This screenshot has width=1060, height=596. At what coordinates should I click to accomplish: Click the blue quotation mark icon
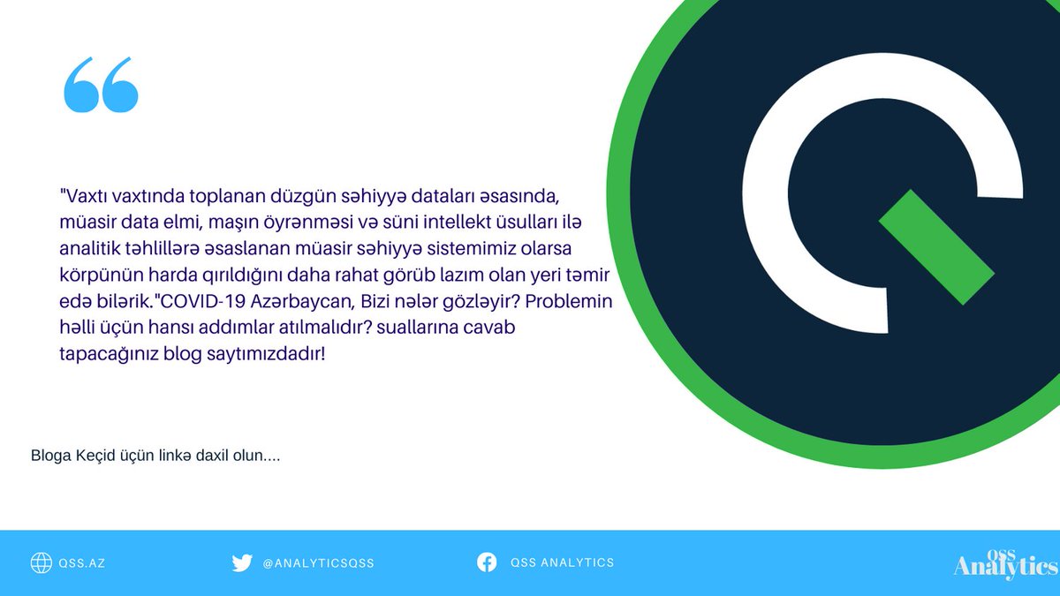[x=101, y=86]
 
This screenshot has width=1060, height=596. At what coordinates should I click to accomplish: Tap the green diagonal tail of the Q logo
[x=936, y=247]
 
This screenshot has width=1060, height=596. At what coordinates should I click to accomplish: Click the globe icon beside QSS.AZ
[x=41, y=562]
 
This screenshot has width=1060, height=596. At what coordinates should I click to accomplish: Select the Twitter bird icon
[x=242, y=562]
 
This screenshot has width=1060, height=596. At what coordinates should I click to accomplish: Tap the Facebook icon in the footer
[x=487, y=562]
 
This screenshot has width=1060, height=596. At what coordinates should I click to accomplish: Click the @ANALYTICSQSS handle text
[x=318, y=563]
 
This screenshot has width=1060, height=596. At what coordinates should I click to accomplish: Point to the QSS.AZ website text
[x=82, y=563]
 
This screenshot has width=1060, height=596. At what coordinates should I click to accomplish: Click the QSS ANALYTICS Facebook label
[x=562, y=562]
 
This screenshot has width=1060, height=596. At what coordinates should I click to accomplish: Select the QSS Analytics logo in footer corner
[x=1005, y=563]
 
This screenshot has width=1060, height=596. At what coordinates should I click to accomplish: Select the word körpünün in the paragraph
[x=88, y=274]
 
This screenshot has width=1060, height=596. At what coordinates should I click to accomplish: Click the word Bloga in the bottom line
[x=50, y=456]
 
